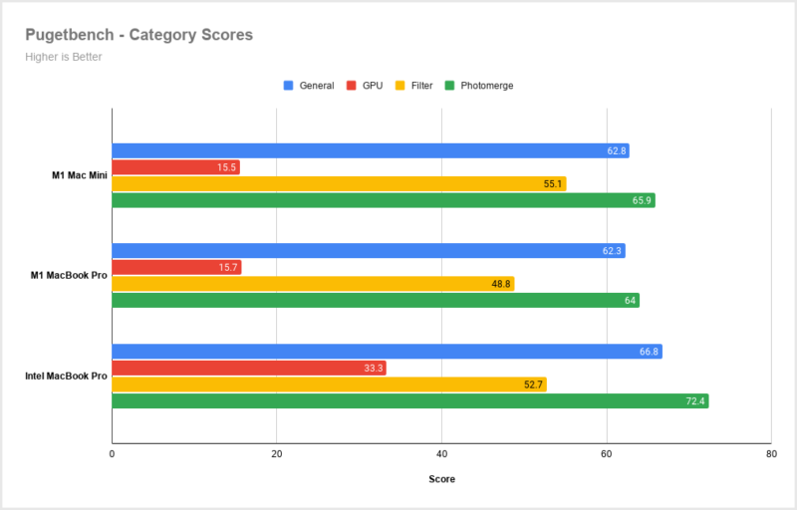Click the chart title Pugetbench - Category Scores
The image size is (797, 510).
click(x=138, y=35)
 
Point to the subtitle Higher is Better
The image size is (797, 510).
click(x=63, y=57)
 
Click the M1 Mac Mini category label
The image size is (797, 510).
click(x=79, y=176)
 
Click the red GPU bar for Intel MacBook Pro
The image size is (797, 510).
click(x=248, y=368)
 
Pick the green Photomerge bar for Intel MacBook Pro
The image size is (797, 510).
click(x=409, y=400)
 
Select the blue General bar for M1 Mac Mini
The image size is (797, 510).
click(x=370, y=151)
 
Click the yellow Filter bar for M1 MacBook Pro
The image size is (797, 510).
click(x=312, y=284)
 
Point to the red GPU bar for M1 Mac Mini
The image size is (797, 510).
click(x=175, y=167)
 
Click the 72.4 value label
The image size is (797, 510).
click(x=695, y=400)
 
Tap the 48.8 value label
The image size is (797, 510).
click(x=501, y=284)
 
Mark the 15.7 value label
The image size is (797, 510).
click(x=228, y=268)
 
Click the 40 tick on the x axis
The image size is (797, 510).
click(x=441, y=453)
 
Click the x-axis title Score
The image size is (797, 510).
click(x=441, y=479)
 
